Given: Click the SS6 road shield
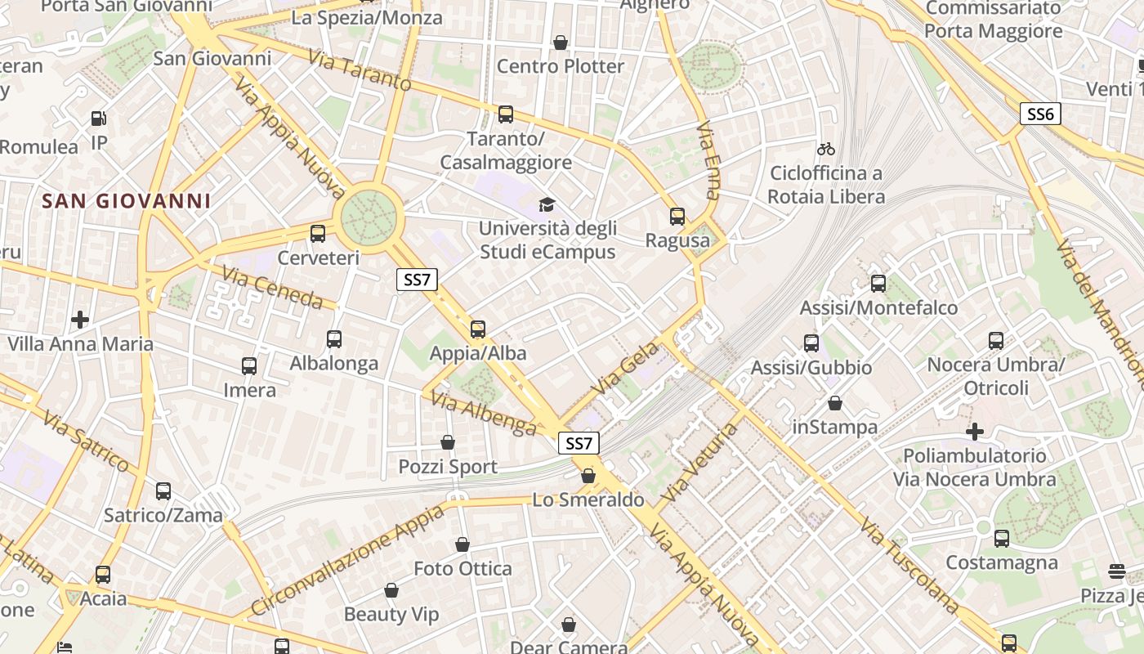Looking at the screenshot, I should (1040, 114).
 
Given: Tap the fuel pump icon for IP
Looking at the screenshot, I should (99, 119).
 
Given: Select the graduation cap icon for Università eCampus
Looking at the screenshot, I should (547, 204).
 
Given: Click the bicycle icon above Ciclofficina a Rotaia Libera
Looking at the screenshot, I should (826, 149).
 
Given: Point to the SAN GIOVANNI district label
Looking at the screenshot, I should (127, 200).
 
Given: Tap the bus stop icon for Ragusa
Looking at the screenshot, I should (677, 217).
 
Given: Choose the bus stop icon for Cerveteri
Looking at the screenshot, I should (318, 234).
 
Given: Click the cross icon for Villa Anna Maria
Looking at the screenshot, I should (80, 319).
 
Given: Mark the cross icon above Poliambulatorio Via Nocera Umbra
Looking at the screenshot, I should (974, 431).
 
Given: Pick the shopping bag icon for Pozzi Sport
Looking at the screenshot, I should (448, 442).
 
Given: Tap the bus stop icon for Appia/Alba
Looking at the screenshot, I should (478, 329).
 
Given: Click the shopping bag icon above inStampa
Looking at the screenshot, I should (835, 403).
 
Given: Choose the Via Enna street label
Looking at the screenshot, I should (708, 162).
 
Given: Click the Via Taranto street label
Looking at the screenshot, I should (360, 70).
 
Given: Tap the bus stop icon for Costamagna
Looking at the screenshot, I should (1001, 539).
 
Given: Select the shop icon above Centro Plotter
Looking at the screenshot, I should (561, 43).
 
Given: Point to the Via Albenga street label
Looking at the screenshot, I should (483, 414).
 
